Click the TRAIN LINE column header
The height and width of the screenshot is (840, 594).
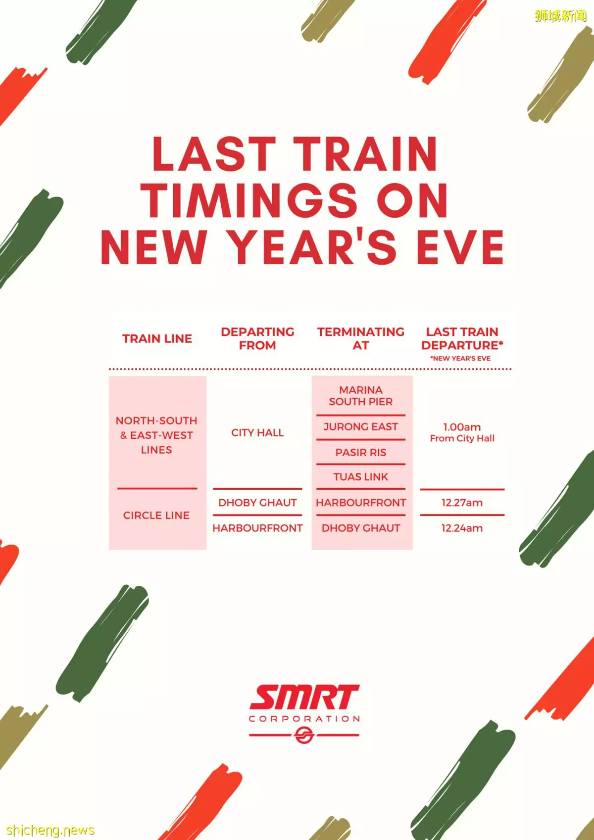[157, 339]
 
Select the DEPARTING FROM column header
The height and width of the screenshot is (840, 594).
[257, 339]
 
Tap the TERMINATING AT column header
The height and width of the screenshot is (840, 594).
[360, 339]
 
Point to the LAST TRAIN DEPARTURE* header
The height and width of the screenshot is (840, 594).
[462, 339]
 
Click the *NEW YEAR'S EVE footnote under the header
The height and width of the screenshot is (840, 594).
[460, 359]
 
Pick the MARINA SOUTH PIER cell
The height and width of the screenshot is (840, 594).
[360, 396]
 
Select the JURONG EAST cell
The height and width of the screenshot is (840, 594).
[360, 427]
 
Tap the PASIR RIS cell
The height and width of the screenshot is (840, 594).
[360, 453]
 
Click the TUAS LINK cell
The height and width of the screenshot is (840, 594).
[360, 477]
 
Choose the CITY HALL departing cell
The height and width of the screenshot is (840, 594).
[257, 433]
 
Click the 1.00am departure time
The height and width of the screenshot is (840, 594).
[462, 427]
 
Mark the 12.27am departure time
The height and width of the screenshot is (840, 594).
[462, 503]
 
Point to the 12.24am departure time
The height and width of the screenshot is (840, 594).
[462, 528]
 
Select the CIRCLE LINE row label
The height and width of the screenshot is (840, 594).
[156, 515]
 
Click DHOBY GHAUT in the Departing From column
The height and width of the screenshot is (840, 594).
[257, 503]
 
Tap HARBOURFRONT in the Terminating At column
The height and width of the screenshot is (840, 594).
[360, 503]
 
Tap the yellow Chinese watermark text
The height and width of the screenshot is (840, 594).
[561, 16]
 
